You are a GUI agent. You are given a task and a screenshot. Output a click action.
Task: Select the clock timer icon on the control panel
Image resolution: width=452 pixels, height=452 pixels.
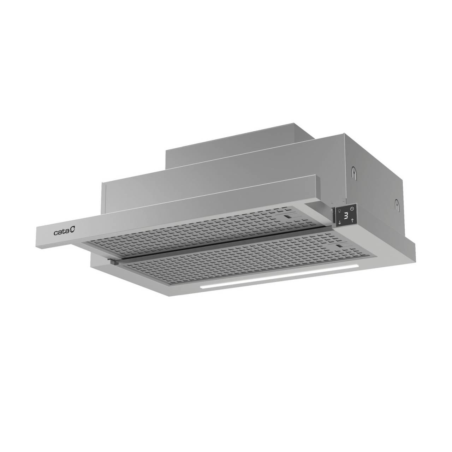pos(352,210)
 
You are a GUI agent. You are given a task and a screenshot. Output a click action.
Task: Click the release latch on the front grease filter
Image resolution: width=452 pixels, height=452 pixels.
pos(339,246)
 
